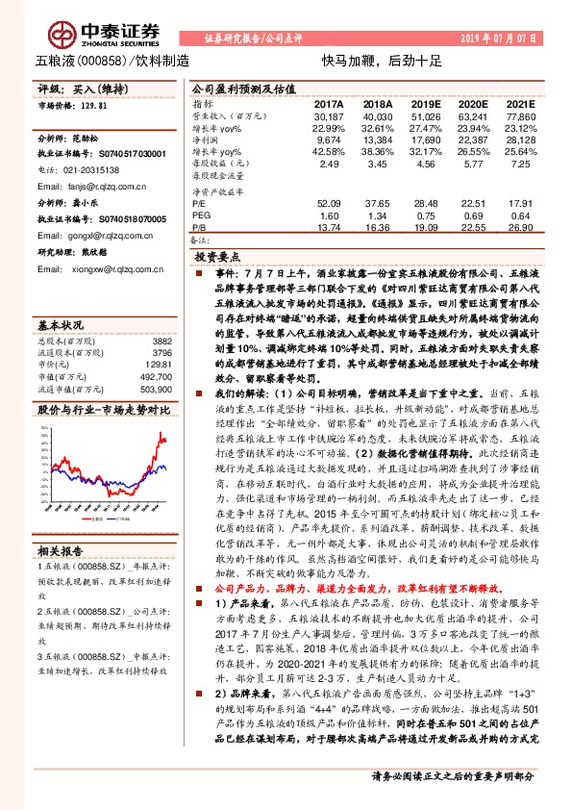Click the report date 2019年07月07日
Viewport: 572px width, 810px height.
tap(500, 38)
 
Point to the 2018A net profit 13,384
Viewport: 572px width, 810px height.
tap(378, 141)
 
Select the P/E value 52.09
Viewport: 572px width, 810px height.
tap(329, 204)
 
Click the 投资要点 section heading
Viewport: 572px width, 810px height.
tap(215, 259)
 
